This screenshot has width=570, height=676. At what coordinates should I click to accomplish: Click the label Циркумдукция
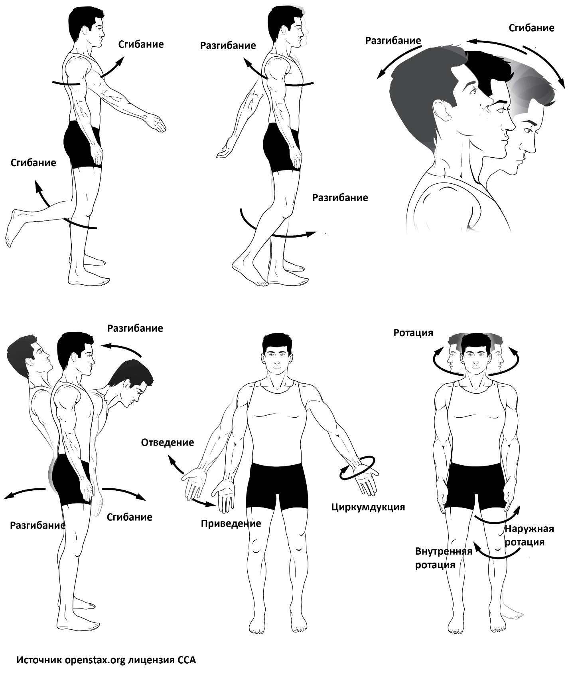pos(368,507)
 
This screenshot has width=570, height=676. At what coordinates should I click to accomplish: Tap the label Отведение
pos(168,442)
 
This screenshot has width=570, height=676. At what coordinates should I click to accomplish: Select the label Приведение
pos(231,523)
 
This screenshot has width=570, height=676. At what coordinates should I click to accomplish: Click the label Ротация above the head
pos(413,333)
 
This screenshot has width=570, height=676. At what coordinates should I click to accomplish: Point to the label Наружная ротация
pos(529,535)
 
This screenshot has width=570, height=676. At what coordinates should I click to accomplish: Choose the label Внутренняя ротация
pos(444,558)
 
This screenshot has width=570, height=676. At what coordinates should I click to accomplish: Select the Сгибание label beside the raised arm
pos(141,44)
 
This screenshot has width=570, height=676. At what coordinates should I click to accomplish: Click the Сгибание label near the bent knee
pos(33,163)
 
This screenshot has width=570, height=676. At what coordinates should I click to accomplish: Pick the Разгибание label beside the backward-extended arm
pos(228,46)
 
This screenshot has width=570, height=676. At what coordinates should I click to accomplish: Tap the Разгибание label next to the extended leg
pos(340,198)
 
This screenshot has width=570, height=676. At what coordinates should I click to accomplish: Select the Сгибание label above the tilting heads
pos(531,28)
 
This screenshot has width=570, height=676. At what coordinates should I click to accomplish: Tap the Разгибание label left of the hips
pos(37,525)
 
